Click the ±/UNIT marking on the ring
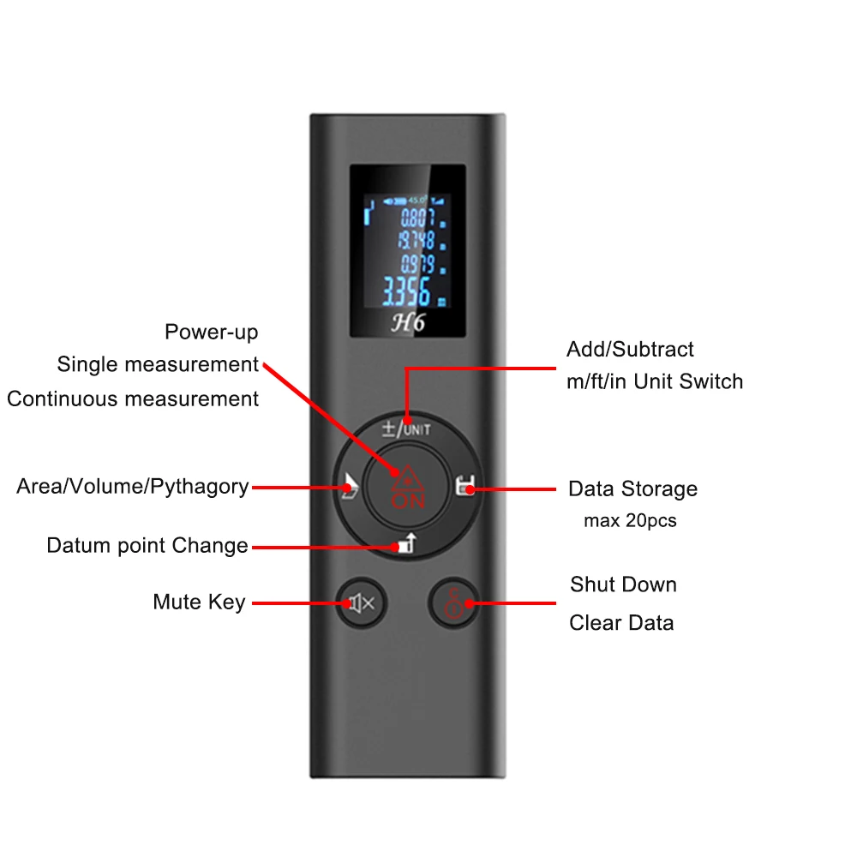coord(406,428)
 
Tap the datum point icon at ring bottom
coord(405,544)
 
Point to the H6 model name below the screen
coord(407,322)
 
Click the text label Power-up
coord(211,333)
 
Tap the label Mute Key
coord(199,602)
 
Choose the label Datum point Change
coord(147,546)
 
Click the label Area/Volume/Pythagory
coord(133,487)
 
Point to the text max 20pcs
coord(630,521)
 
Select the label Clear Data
coord(621,623)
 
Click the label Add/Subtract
coord(630,350)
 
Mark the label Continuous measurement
coord(133,399)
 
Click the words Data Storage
coord(632,489)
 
